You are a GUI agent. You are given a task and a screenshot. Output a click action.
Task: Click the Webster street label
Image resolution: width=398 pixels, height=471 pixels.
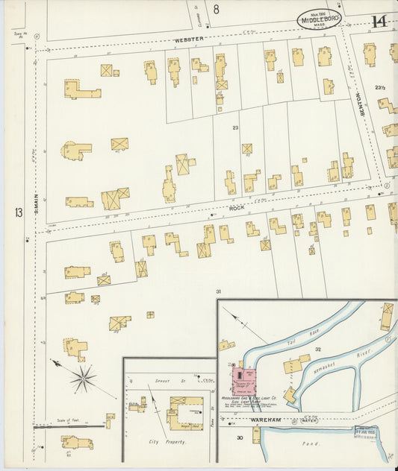189,39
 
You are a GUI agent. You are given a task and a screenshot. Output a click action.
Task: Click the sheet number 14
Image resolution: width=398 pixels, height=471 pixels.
379,21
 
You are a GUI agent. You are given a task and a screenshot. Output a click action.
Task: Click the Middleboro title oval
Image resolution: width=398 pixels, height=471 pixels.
320,19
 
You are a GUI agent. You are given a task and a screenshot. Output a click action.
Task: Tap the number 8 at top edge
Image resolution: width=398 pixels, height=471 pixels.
216,10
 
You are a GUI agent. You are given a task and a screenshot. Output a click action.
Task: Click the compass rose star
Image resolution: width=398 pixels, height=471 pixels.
84,378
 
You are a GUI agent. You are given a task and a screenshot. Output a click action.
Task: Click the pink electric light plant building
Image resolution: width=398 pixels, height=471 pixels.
243,379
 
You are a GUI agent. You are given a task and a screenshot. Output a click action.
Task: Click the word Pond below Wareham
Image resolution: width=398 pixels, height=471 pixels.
309,444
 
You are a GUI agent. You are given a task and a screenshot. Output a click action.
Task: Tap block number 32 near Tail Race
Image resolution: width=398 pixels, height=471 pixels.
317,349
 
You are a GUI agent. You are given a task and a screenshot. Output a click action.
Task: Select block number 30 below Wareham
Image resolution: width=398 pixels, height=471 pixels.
240,437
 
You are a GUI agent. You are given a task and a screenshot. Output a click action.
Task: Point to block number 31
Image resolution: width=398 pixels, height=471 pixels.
219,291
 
